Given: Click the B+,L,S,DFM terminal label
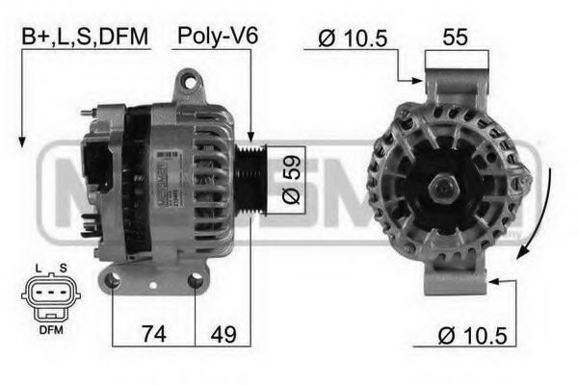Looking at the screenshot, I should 86,38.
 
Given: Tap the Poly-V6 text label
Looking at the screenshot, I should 218,38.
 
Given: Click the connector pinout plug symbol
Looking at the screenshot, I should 45,294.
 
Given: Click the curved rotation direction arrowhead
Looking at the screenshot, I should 524,252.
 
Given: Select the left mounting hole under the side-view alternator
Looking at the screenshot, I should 113,280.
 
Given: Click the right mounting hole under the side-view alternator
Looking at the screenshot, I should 196,280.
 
